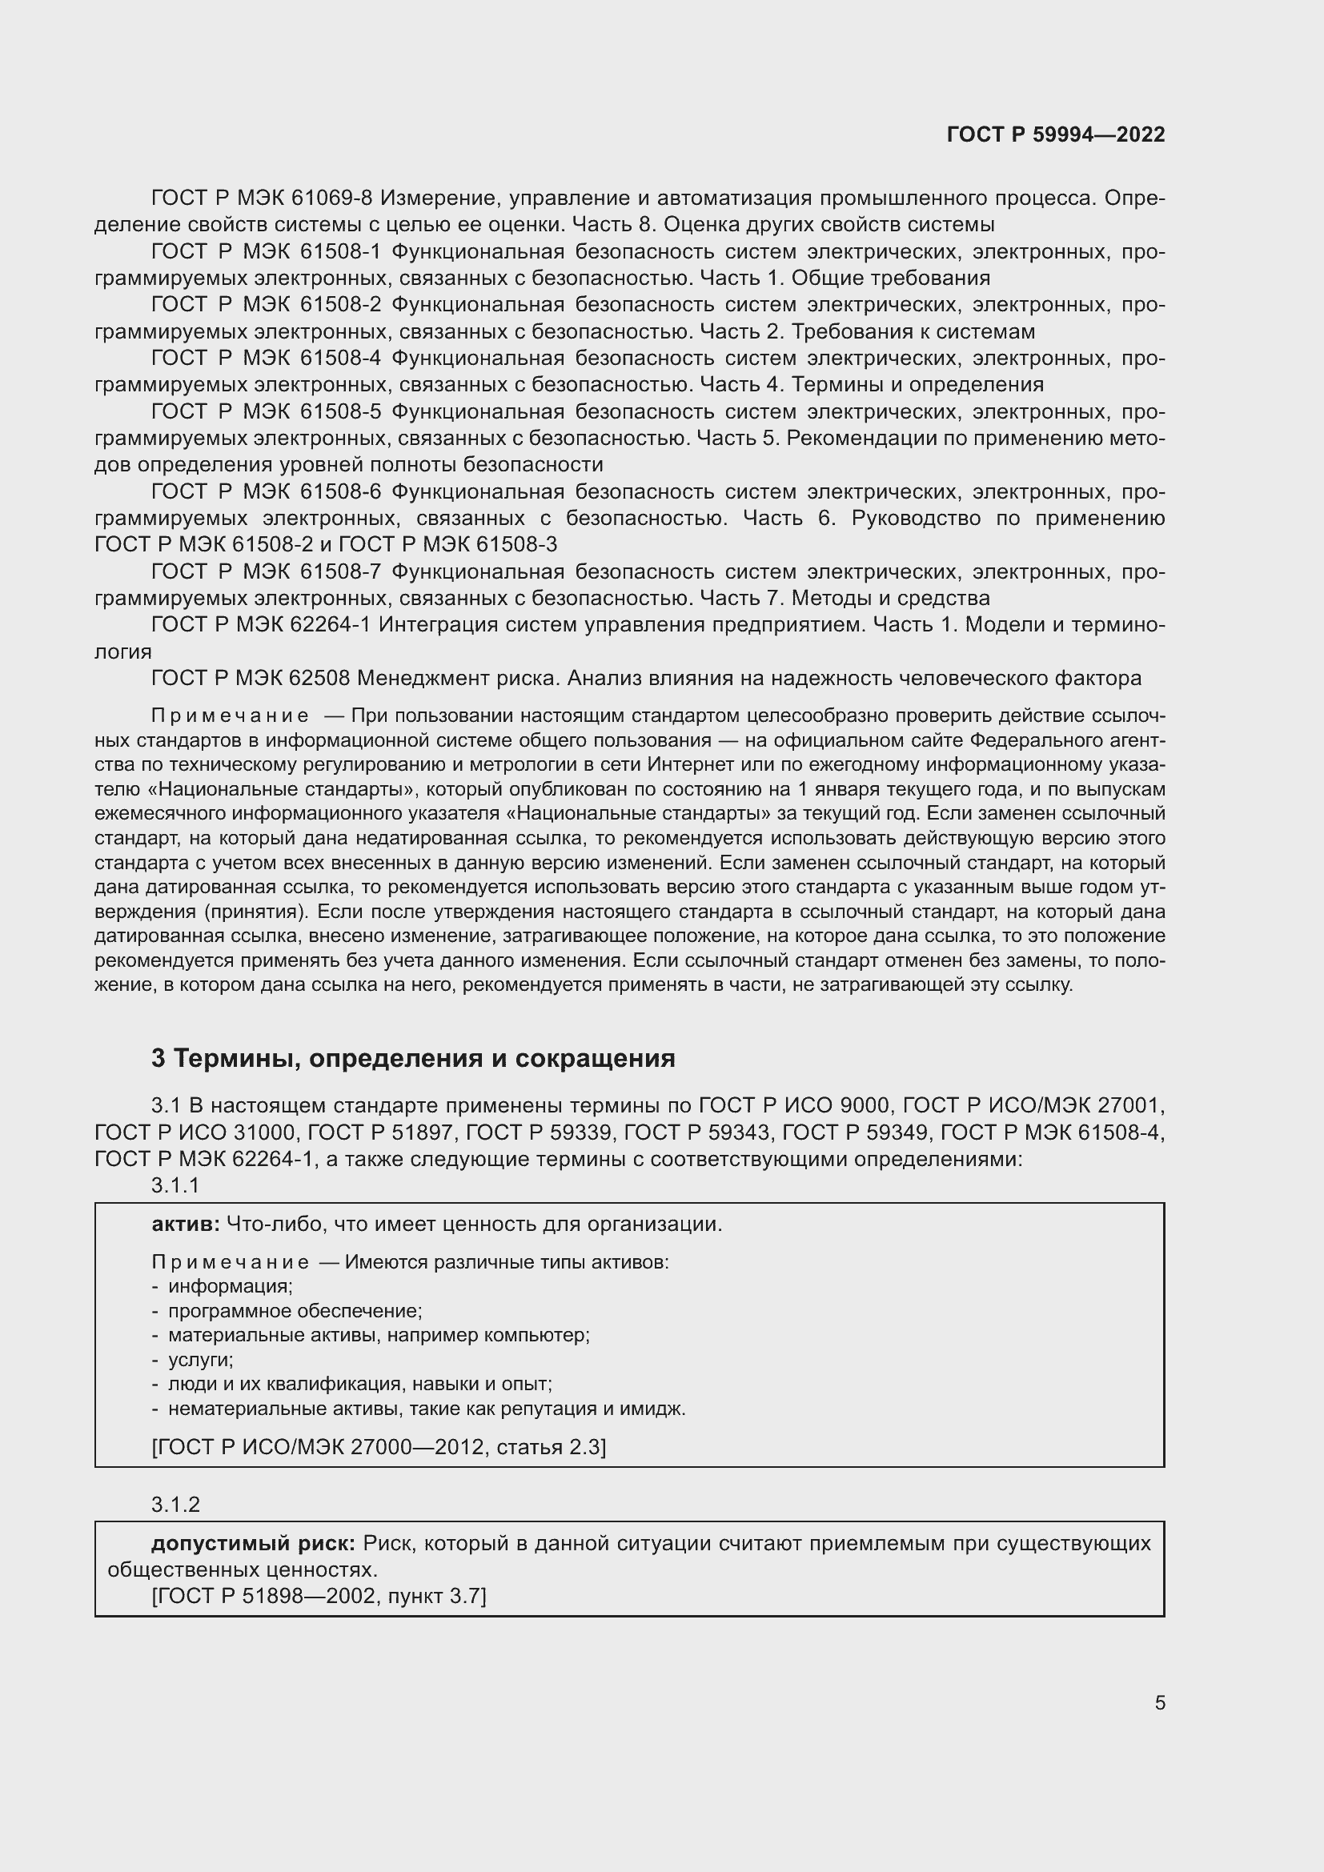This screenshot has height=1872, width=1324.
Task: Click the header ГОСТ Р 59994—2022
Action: (1055, 134)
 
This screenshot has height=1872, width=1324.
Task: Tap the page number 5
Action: (1159, 1703)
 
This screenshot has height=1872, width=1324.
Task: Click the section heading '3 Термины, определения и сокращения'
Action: (413, 1058)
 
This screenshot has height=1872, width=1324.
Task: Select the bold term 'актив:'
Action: (185, 1224)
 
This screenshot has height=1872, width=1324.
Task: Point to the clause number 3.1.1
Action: (175, 1185)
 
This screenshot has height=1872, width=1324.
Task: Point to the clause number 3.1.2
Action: (175, 1505)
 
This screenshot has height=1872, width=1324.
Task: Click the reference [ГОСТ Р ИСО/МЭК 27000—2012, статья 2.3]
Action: (379, 1446)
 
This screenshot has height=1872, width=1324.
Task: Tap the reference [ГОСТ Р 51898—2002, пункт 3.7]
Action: (319, 1596)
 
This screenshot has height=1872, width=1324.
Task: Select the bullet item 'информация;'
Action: (230, 1287)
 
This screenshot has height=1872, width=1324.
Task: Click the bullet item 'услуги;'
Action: (201, 1360)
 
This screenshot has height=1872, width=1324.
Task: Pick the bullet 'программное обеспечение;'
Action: (295, 1311)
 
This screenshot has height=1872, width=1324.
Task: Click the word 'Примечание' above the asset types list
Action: (230, 1262)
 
